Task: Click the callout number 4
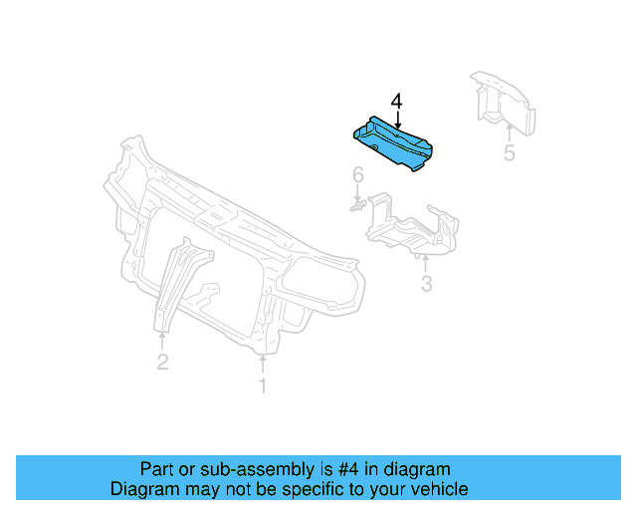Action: point(397,102)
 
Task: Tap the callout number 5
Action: point(510,153)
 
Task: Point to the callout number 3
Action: point(426,285)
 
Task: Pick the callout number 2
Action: point(162,363)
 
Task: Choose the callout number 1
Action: point(263,385)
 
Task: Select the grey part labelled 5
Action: point(504,101)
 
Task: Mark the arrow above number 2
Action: point(162,340)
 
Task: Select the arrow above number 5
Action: point(510,130)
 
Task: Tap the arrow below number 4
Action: point(397,122)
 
